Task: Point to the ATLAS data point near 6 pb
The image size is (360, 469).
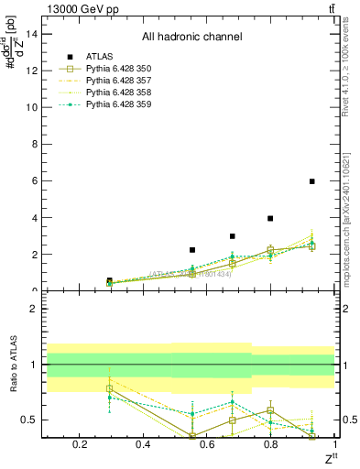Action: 312,181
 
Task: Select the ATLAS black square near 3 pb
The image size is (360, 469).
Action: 233,236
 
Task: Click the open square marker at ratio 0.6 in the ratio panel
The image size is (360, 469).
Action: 270,410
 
